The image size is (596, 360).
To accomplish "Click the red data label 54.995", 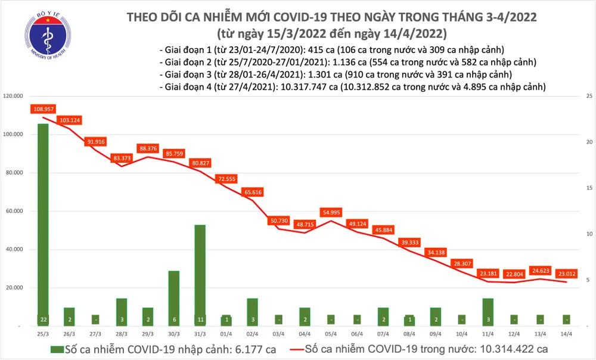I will [x=334, y=212].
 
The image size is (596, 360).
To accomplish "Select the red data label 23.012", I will [x=567, y=274].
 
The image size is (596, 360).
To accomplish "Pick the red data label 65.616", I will [x=252, y=193].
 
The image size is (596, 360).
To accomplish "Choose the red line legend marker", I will [x=289, y=349].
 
